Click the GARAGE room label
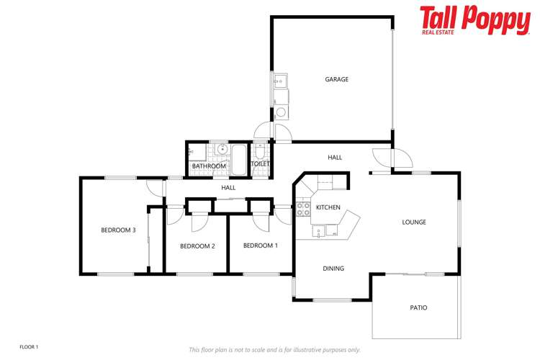[x=336, y=79]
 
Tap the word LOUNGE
[x=414, y=222]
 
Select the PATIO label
[x=418, y=307]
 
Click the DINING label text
[x=333, y=269]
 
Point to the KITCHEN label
[x=328, y=207]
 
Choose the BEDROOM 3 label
[x=118, y=230]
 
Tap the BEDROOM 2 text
[x=197, y=246]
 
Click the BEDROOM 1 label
[x=260, y=246]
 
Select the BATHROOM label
[x=209, y=166]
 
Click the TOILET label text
[x=260, y=164]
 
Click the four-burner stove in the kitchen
[x=303, y=210]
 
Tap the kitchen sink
[x=324, y=231]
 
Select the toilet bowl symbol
[x=260, y=152]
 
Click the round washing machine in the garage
[x=281, y=112]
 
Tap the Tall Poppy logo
[x=474, y=20]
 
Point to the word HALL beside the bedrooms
[x=228, y=188]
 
